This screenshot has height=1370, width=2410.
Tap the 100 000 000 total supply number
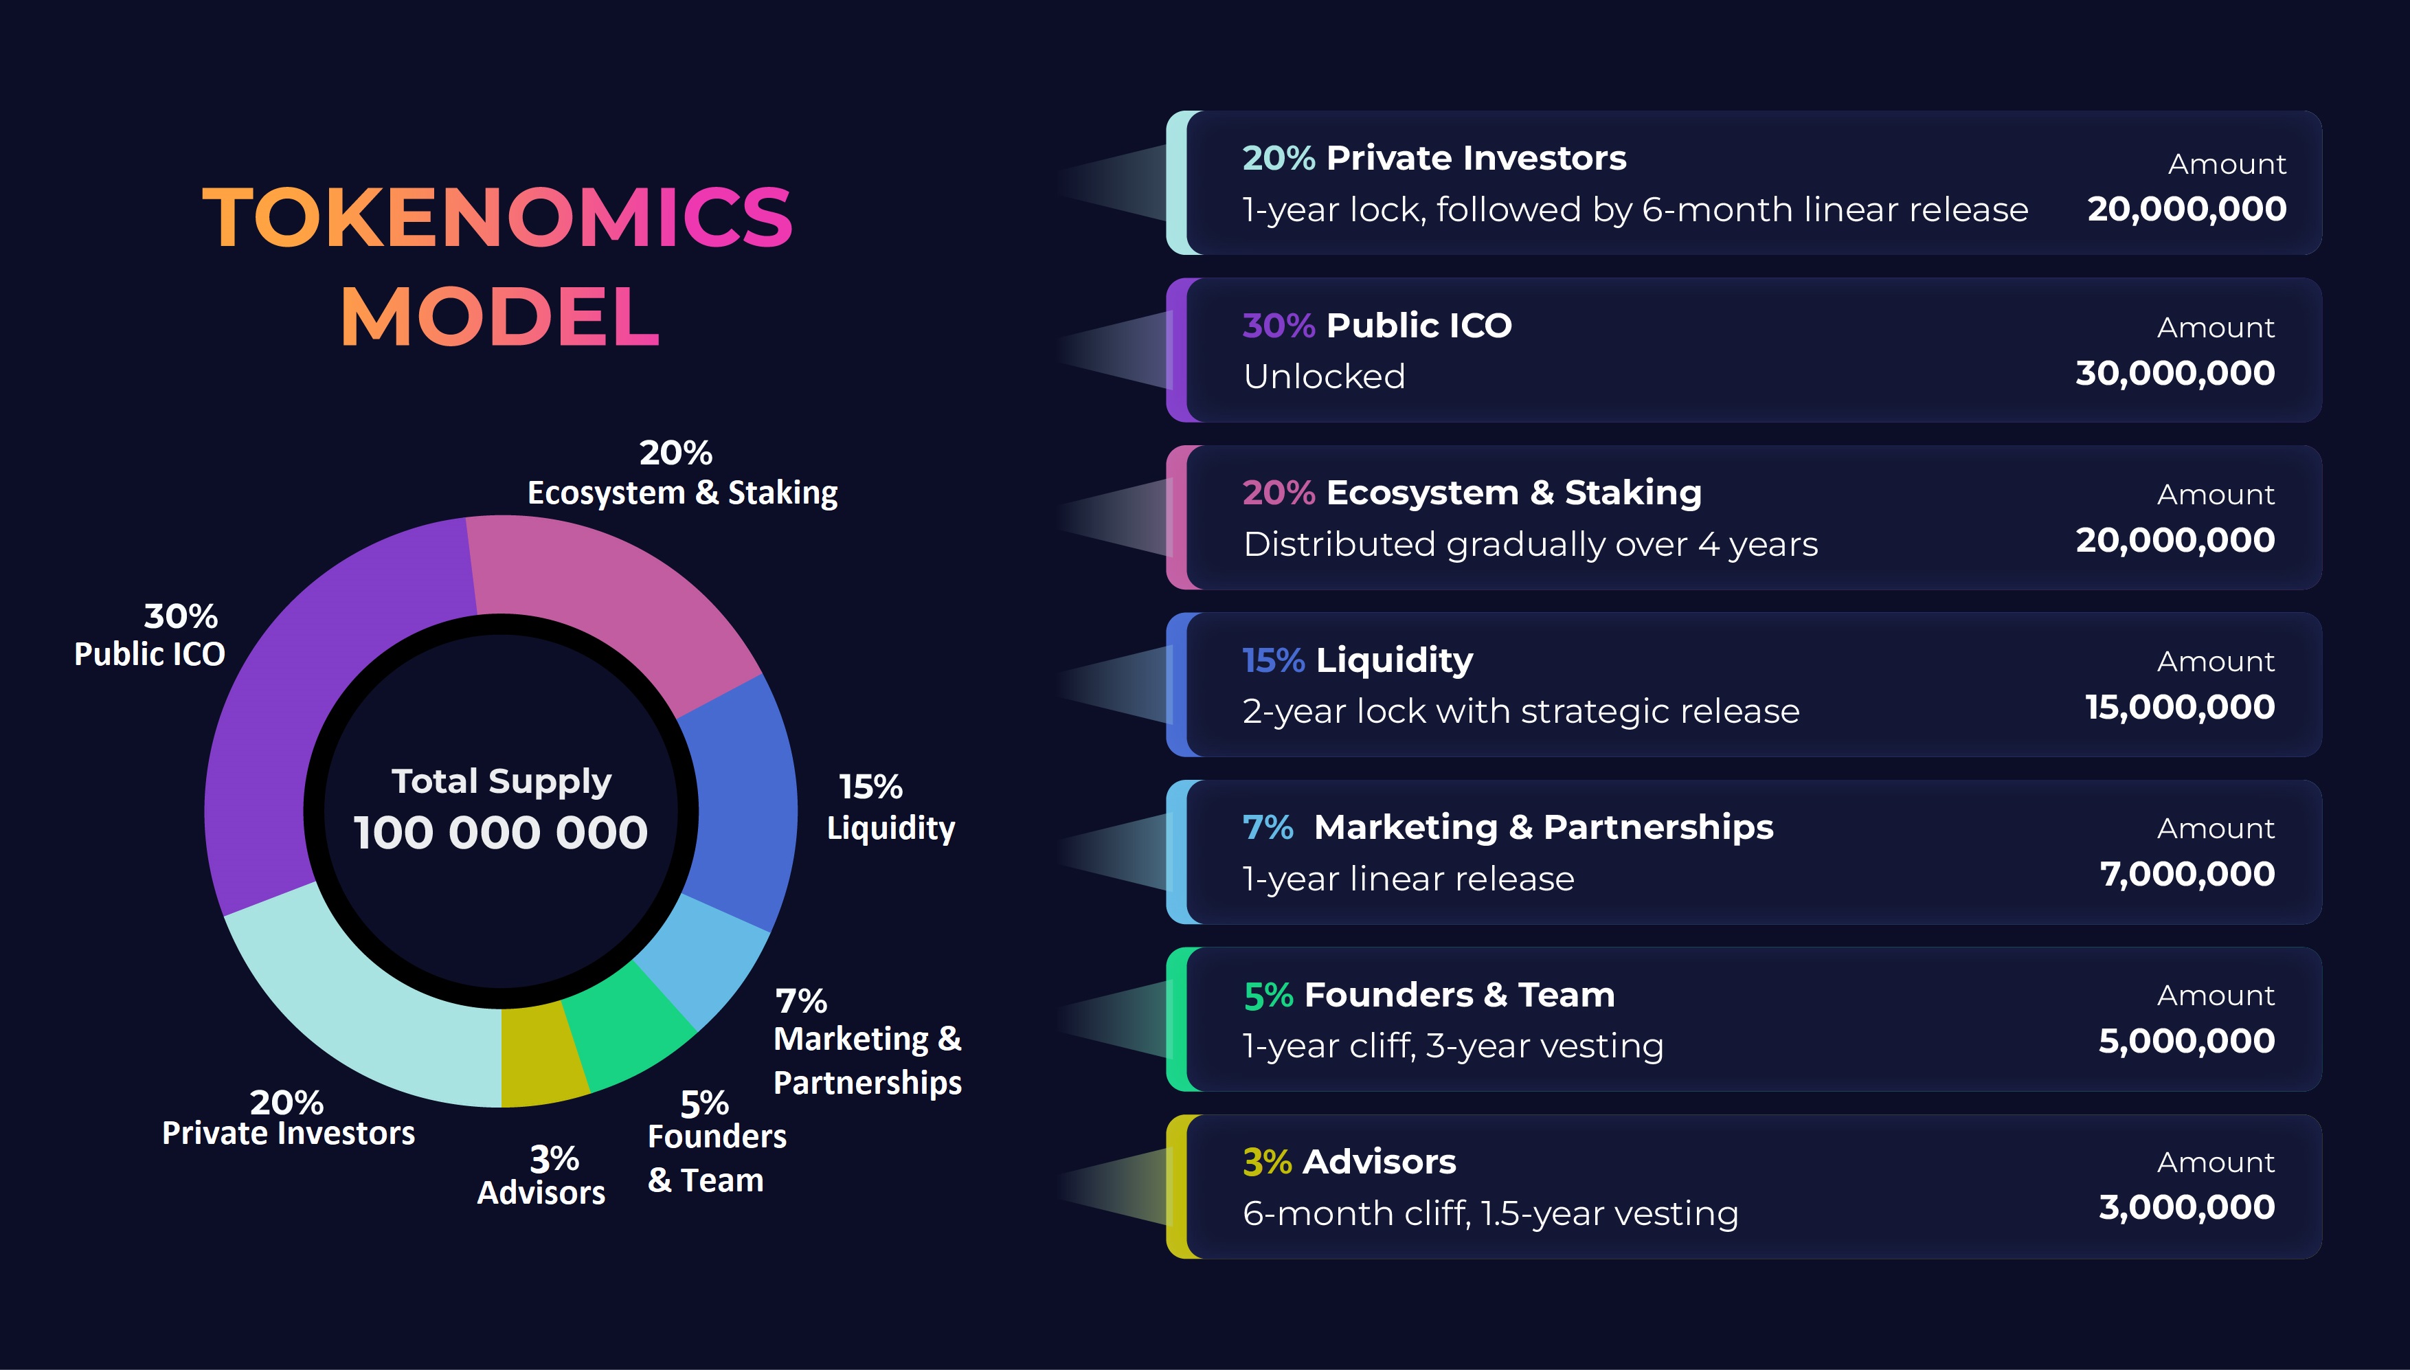click(500, 832)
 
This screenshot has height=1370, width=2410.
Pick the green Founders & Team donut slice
click(626, 1031)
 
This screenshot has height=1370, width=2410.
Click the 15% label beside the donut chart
click(870, 786)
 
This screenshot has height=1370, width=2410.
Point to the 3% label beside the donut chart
click(554, 1158)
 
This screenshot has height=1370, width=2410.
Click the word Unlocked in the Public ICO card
click(1324, 377)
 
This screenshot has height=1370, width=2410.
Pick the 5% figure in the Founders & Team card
click(1268, 996)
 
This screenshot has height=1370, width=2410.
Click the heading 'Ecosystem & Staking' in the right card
click(1513, 492)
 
